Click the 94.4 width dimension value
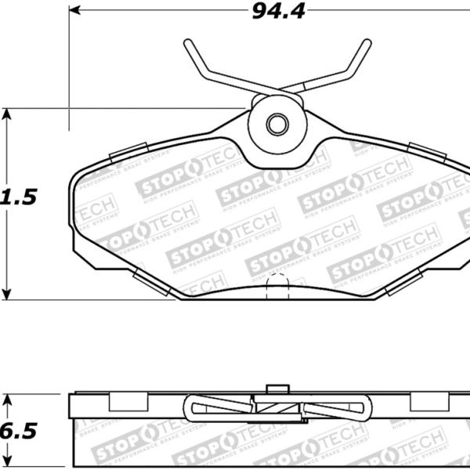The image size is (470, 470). point(276,11)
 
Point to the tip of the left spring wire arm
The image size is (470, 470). point(188,43)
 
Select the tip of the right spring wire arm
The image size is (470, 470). point(367,43)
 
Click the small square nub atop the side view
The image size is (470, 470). point(275,389)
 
